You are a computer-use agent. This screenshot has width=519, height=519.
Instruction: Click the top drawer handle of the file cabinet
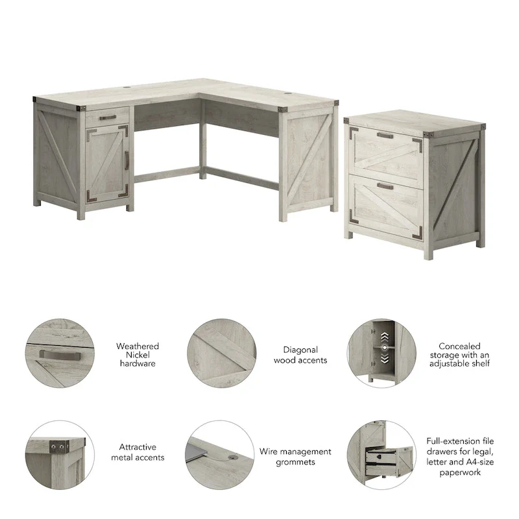[385, 136]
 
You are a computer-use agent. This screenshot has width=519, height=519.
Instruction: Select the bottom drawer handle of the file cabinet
[385, 186]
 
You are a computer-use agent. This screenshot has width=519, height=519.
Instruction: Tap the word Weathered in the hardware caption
[138, 346]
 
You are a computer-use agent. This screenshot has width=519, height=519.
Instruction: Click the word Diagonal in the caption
[300, 350]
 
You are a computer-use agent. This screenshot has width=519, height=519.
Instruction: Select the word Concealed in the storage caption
[459, 346]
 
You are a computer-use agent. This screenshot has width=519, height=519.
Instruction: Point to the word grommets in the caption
[295, 462]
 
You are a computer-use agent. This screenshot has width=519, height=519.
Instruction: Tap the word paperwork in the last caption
[459, 473]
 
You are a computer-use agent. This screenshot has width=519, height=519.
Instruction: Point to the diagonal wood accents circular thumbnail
[220, 354]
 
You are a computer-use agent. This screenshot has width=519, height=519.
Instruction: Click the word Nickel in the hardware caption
[138, 355]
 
